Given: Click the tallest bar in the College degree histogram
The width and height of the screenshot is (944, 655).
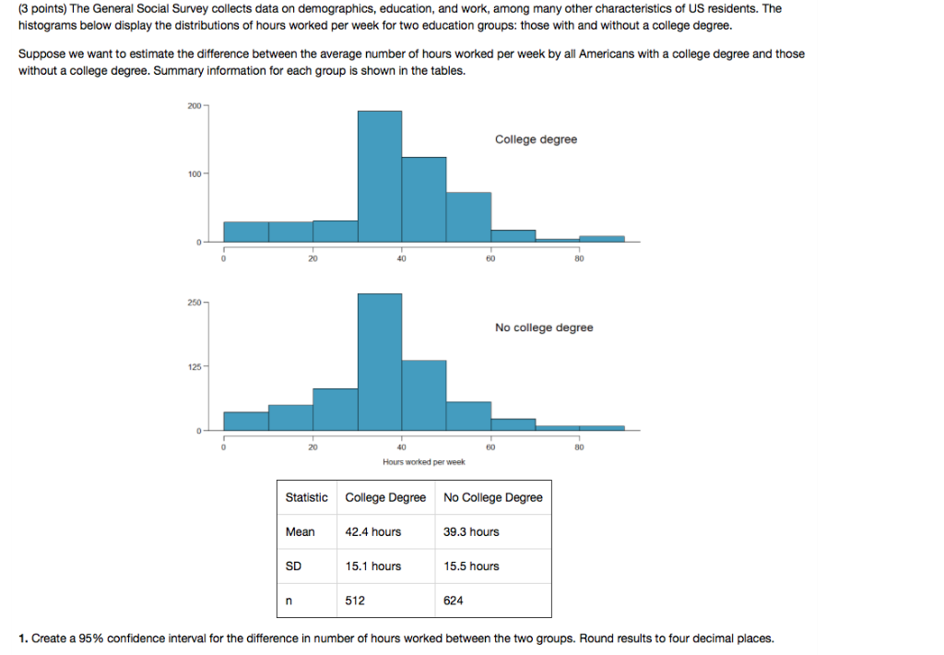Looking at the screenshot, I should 380,175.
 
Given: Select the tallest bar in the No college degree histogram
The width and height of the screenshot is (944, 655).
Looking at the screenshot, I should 380,361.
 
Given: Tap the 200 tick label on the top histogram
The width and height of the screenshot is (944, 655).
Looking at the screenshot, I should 193,107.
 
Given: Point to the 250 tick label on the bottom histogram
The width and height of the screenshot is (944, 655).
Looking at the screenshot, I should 193,302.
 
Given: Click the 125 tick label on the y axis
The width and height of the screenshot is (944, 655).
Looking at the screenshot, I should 193,367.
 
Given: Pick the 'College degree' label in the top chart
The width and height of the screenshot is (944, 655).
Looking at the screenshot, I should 536,139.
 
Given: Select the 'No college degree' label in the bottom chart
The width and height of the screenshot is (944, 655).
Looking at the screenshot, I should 544,327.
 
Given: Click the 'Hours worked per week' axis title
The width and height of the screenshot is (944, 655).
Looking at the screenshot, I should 424,461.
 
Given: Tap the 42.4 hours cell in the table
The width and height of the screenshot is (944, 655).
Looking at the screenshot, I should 373,531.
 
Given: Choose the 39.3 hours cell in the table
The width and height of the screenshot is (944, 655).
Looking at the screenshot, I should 471,531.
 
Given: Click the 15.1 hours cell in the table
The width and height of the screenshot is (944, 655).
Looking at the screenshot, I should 373,566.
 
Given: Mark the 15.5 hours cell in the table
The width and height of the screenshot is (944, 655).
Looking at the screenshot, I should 471,566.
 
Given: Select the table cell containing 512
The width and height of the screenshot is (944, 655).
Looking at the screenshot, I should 355,600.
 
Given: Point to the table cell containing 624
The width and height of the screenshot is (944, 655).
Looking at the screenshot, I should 454,600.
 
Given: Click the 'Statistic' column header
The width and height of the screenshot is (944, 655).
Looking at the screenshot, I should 306,497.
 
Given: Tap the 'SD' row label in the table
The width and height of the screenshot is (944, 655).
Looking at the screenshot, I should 294,566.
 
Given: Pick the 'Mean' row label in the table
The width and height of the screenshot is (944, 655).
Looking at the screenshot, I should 300,531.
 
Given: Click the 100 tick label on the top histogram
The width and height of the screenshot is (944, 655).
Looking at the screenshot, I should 193,174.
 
